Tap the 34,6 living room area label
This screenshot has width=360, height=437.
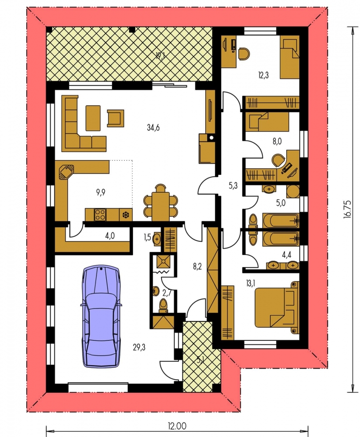tap(153, 128)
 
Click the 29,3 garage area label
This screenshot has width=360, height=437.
tap(140, 347)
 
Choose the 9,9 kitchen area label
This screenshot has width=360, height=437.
tap(101, 192)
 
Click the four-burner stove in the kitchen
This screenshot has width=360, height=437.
tap(100, 215)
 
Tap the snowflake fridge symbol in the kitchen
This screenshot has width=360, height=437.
tap(126, 215)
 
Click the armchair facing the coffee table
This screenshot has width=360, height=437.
tap(115, 118)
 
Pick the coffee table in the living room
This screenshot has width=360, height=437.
tap(93, 118)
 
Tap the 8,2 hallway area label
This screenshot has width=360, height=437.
tap(197, 267)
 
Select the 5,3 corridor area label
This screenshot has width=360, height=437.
tap(233, 185)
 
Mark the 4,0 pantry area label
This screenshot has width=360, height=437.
tap(110, 236)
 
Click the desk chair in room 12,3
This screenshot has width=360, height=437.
tap(244, 53)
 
